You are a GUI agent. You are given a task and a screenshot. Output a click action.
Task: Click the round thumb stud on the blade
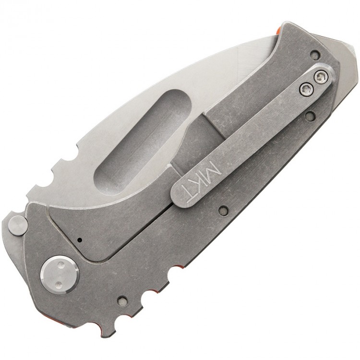(x=18, y=225)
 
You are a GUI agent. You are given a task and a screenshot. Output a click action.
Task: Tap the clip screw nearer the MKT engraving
(x=306, y=86)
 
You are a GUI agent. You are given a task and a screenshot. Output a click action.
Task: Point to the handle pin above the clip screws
(x=314, y=54)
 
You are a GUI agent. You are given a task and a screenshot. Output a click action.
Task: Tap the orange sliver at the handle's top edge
(x=278, y=29)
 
